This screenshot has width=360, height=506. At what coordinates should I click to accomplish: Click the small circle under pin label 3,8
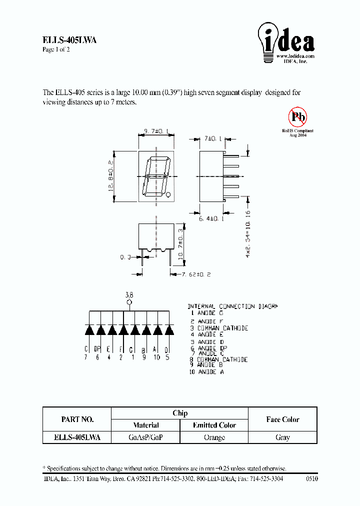(129, 302)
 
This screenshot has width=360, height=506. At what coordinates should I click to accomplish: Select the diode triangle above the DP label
(100, 330)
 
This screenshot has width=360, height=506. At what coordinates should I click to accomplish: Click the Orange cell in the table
(214, 437)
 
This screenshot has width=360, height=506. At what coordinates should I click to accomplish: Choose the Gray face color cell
(282, 437)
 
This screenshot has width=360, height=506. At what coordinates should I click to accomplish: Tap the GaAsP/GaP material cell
(145, 437)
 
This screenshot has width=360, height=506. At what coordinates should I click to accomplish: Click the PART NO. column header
(77, 419)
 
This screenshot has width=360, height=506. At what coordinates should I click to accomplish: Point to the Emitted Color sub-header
(214, 425)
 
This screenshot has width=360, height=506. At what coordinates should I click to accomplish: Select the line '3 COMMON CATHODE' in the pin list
(219, 328)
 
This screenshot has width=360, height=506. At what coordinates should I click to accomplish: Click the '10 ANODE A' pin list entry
(207, 372)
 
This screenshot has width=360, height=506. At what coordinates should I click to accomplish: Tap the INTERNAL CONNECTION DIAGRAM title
(232, 306)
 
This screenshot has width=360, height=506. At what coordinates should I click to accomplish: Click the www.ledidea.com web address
(295, 56)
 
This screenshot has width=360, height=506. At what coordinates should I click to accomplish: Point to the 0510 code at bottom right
(311, 478)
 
